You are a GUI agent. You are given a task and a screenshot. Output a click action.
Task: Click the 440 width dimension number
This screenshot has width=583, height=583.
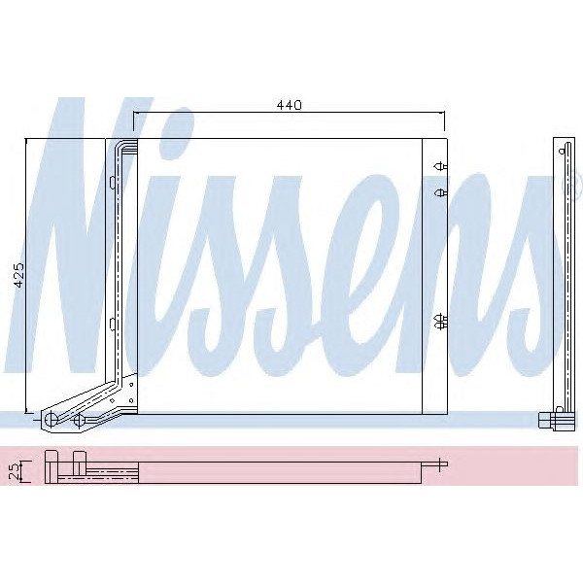pyautogui.click(x=290, y=104)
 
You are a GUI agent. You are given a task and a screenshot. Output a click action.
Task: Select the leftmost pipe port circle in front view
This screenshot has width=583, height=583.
pyautogui.click(x=48, y=419)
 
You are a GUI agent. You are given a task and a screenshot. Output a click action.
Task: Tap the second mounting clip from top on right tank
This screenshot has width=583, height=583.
pyautogui.click(x=440, y=192)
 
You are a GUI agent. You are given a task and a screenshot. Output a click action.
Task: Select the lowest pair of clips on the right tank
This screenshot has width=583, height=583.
pyautogui.click(x=440, y=320)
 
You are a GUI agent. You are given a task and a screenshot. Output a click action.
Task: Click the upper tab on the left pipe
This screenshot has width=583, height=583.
pyautogui.click(x=113, y=181)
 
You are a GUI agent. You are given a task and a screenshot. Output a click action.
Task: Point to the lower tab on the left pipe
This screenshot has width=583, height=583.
pyautogui.click(x=113, y=324)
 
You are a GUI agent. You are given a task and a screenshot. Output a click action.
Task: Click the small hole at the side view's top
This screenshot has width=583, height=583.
pyautogui.click(x=563, y=152)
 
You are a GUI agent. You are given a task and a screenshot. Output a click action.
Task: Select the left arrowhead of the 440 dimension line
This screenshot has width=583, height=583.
pyautogui.click(x=137, y=113)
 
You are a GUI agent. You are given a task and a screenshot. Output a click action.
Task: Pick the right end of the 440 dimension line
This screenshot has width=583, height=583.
pyautogui.click(x=443, y=113)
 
